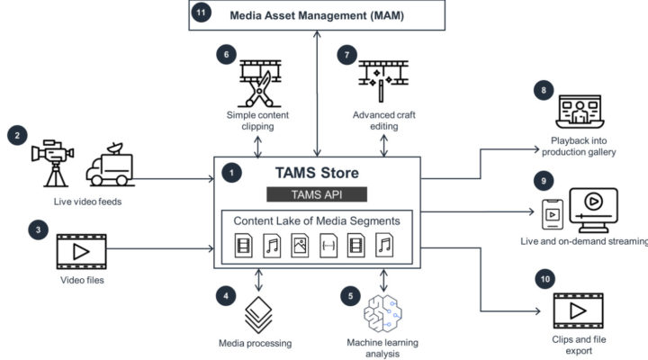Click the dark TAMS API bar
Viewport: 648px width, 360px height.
click(x=317, y=194)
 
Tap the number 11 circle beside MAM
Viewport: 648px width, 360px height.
click(x=201, y=13)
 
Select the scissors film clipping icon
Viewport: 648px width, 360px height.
click(x=260, y=84)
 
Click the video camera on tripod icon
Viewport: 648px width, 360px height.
click(x=52, y=163)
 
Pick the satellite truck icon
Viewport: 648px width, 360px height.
click(x=110, y=165)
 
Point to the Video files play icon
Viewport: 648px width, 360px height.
click(x=81, y=251)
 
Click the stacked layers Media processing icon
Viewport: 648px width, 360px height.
click(x=258, y=314)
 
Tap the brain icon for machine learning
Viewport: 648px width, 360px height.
click(x=382, y=313)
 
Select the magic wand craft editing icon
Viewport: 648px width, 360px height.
click(x=383, y=81)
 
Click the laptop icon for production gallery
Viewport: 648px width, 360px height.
click(x=580, y=112)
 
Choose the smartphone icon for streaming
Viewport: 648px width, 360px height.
click(x=553, y=214)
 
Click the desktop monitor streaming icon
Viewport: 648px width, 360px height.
click(x=593, y=210)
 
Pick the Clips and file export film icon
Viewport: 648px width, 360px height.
click(x=578, y=310)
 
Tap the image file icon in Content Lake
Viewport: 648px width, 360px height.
click(x=300, y=246)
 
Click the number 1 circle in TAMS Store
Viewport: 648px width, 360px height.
click(x=231, y=173)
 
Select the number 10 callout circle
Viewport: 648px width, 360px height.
click(x=545, y=279)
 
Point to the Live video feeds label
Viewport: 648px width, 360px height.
click(x=87, y=202)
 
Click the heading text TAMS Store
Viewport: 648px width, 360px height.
click(x=317, y=173)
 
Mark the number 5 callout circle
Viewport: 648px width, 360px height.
click(x=350, y=296)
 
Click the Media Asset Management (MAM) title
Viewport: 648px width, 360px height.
click(x=317, y=15)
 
